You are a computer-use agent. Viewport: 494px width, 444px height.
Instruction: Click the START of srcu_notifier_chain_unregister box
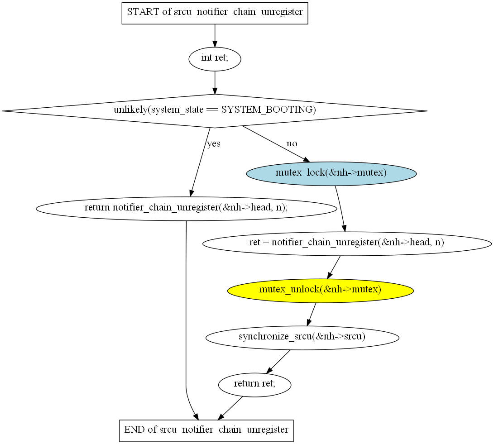[x=215, y=12]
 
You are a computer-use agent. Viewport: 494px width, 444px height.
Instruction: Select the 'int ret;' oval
[x=215, y=58]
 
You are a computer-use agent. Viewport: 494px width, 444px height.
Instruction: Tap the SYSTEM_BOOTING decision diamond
[x=215, y=110]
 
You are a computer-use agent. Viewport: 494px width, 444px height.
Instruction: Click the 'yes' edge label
[x=214, y=144]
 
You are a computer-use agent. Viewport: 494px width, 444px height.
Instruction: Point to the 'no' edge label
[x=292, y=143]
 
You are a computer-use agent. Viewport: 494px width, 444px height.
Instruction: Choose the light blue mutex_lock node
[x=331, y=173]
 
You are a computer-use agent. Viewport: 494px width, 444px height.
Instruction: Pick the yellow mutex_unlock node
[x=320, y=290]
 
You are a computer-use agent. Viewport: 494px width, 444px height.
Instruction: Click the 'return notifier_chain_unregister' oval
[x=186, y=208]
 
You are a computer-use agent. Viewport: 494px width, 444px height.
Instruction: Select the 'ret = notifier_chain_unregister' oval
[x=347, y=243]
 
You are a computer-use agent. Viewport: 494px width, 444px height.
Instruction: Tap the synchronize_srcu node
[x=302, y=337]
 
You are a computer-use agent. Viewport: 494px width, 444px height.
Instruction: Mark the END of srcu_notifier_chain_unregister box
[x=206, y=430]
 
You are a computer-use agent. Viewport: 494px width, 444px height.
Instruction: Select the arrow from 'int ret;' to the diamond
[x=215, y=82]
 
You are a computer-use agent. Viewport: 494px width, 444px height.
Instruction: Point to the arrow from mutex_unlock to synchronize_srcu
[x=312, y=314]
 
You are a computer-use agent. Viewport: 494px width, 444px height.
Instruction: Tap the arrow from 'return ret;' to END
[x=231, y=408]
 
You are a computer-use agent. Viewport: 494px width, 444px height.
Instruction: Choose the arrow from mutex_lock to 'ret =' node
[x=340, y=208]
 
